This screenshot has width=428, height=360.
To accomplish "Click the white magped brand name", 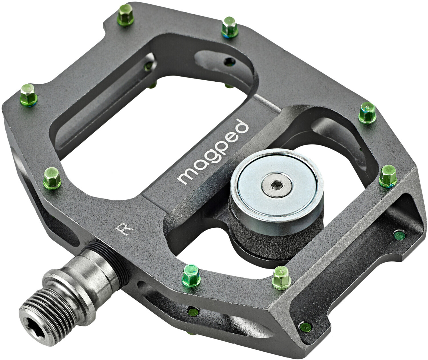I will (213, 153).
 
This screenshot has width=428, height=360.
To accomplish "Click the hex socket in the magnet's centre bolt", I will (276, 187).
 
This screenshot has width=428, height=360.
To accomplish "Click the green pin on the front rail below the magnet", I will (282, 276).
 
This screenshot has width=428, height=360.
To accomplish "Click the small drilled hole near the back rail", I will (230, 61).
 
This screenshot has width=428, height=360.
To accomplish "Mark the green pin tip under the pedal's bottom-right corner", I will (305, 325).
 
